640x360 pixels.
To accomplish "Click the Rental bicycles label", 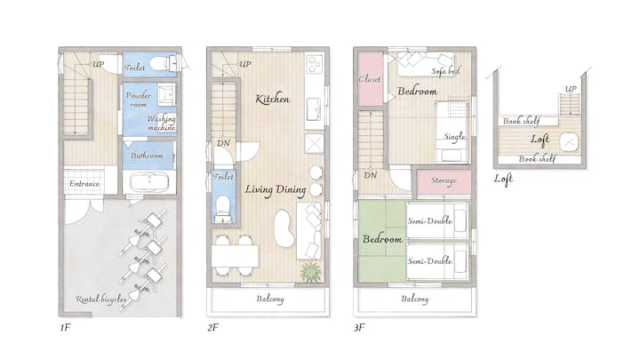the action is point(100,300).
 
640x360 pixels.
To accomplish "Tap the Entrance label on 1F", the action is point(84,184).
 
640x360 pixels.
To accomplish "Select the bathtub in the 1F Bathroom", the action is point(149,182).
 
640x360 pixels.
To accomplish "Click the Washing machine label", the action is point(162,123).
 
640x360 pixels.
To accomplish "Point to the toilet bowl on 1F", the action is point(160,64).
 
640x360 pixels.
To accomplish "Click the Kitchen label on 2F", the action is point(273,99).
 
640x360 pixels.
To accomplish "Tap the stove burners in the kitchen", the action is point(315,65).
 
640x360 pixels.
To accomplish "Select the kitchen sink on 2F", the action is point(315,108).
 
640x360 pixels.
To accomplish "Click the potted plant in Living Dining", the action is point(310,272).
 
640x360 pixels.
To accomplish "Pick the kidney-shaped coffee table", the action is point(284,228).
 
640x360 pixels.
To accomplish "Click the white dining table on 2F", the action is point(235,255).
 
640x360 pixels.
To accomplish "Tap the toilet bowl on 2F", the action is point(223,207).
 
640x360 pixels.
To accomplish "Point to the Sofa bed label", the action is point(445,71).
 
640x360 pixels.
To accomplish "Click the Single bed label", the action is point(455,137).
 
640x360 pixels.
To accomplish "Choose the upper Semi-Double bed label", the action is point(430,220).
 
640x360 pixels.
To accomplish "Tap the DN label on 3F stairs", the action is point(370,175).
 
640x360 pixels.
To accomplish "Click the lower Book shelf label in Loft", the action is point(537,158).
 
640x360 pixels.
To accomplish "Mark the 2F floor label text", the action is point(212,327).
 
